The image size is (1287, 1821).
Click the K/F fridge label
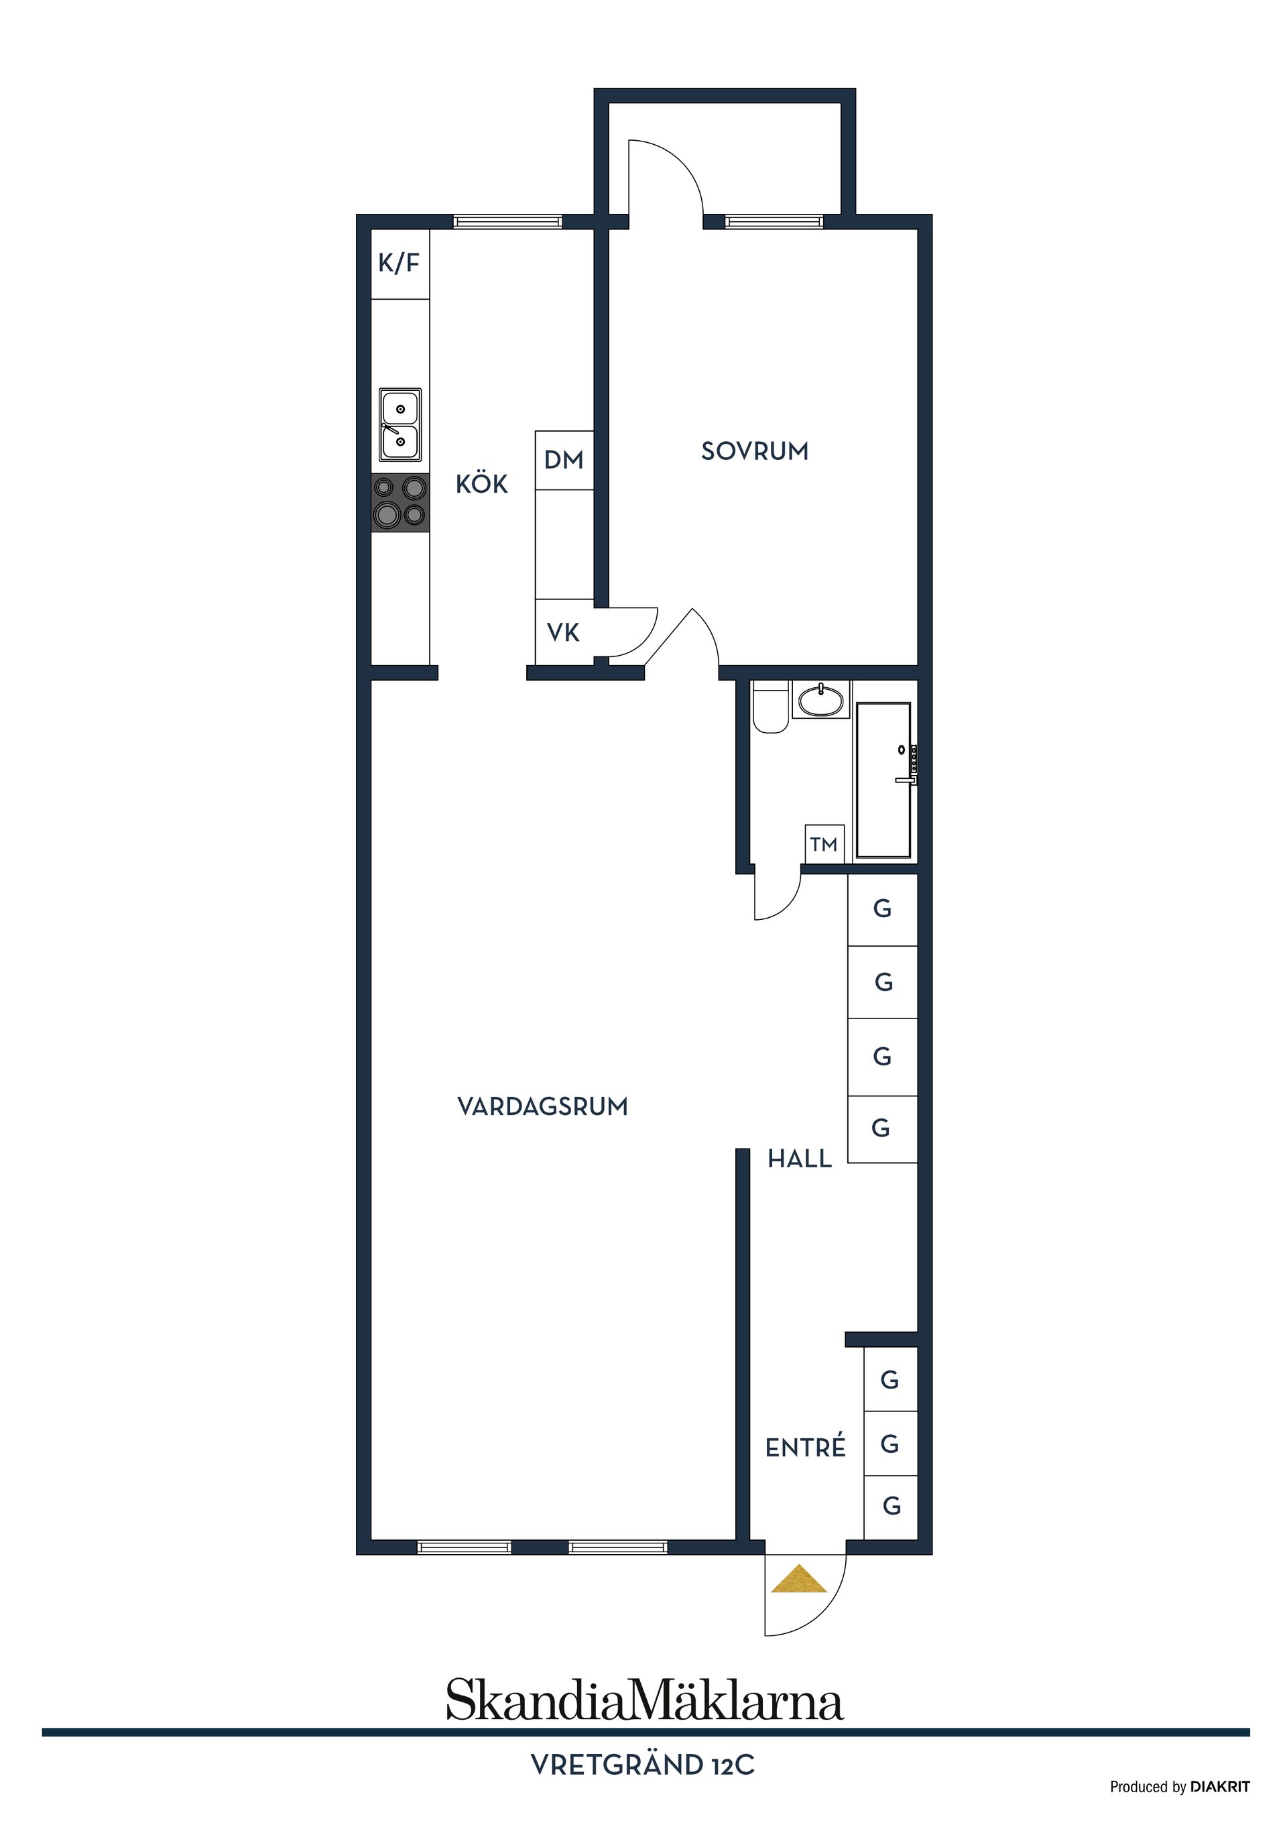[x=399, y=263]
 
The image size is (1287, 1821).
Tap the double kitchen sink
[x=400, y=424]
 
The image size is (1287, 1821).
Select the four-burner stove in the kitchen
[x=400, y=503]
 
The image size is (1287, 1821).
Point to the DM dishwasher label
[x=564, y=460]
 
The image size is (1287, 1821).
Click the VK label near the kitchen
[x=563, y=633]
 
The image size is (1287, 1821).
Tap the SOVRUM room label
[x=755, y=451]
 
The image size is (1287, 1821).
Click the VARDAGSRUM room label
[x=543, y=1106]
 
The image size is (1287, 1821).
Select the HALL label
[x=799, y=1159]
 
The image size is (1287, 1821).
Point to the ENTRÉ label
[x=806, y=1448]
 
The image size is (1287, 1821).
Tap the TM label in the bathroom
[x=824, y=845]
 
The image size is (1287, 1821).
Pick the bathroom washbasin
[x=820, y=699]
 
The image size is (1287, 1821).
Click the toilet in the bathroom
[x=770, y=707]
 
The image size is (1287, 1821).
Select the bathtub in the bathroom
[x=884, y=780]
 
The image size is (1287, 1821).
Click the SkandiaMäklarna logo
[x=645, y=1701]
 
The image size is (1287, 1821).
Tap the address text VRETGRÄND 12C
[x=642, y=1765]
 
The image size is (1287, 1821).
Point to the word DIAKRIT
[x=1221, y=1787]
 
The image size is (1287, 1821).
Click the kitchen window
[x=508, y=222]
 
